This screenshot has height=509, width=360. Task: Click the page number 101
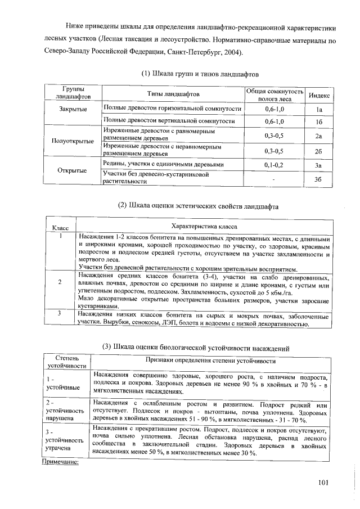tap(322, 481)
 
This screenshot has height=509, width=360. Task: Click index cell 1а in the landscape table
tap(318, 109)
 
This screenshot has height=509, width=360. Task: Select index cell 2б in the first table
tap(318, 151)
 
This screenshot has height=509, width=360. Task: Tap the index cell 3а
tap(318, 165)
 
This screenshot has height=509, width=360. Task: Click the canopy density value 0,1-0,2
tap(274, 165)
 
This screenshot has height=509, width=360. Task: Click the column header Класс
tap(60, 228)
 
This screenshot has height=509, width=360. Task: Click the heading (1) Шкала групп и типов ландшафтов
tap(199, 74)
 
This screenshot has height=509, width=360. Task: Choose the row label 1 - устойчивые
tap(60, 383)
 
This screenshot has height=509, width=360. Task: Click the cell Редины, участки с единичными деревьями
tap(165, 164)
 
